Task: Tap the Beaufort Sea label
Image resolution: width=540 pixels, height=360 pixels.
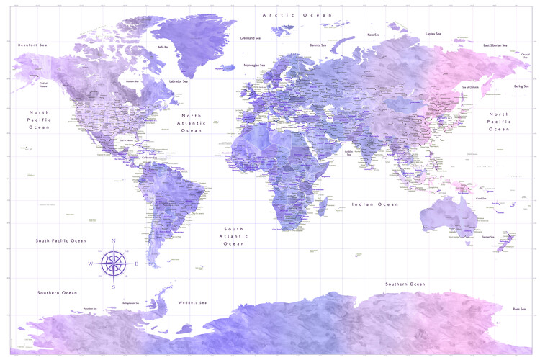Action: tap(32, 45)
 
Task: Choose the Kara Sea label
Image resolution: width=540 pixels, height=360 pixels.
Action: tap(374, 34)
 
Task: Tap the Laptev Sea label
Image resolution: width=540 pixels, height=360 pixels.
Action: tap(433, 33)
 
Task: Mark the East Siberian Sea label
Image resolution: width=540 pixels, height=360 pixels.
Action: tap(497, 45)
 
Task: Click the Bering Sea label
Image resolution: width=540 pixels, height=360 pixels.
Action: tap(521, 86)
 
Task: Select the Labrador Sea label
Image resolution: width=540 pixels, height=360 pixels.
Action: tap(178, 81)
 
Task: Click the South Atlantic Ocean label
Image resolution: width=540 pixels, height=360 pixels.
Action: tap(234, 235)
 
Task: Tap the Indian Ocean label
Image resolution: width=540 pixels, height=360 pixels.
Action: tap(374, 204)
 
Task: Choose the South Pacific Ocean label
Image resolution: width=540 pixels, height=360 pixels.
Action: tap(61, 240)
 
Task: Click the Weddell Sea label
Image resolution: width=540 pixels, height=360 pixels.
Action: tap(192, 302)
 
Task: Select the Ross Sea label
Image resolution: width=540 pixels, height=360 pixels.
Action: tap(518, 309)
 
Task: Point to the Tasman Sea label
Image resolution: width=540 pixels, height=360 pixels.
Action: tap(488, 237)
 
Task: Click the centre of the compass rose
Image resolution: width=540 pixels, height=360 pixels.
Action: tap(114, 263)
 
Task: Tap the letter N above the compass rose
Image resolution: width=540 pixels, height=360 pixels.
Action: tap(114, 241)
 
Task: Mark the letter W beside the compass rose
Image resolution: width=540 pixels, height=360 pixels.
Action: tap(91, 264)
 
